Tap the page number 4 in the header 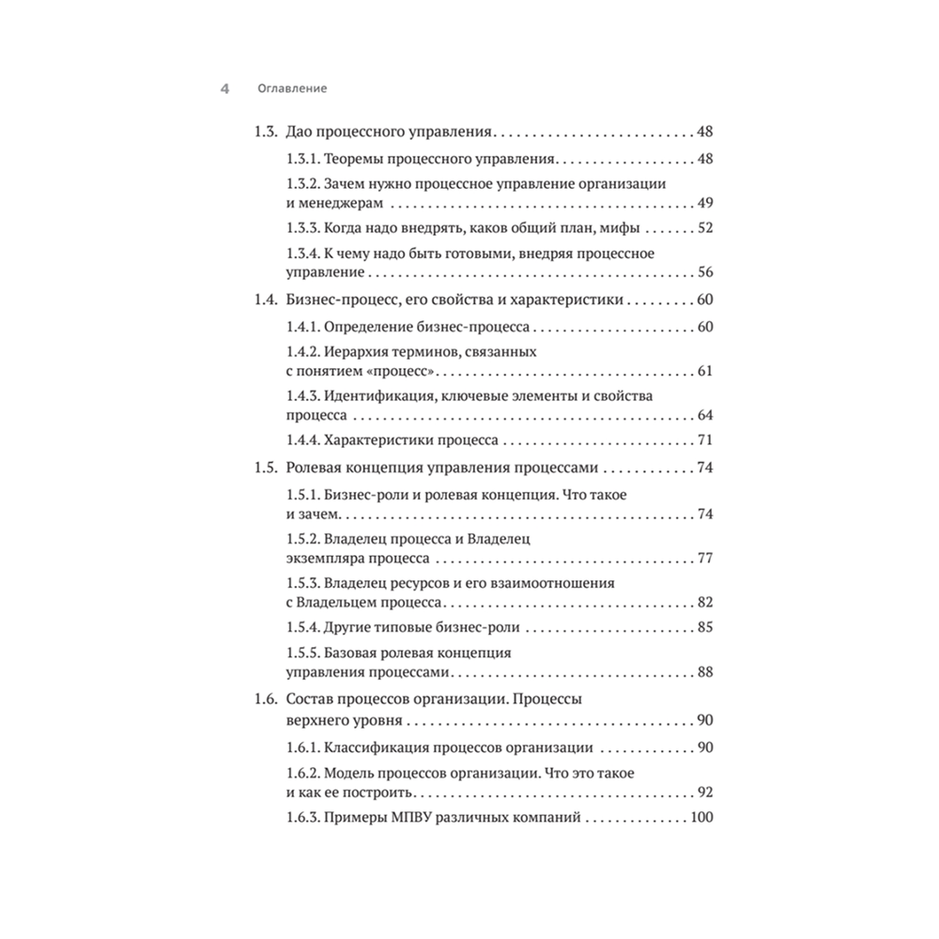[x=224, y=89]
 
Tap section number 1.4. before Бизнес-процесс [x=267, y=301]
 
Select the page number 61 [x=706, y=373]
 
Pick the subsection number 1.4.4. [x=303, y=441]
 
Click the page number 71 [x=706, y=441]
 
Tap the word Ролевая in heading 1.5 [x=314, y=469]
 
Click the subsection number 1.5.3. [x=303, y=582]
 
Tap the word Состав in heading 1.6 [x=310, y=700]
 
